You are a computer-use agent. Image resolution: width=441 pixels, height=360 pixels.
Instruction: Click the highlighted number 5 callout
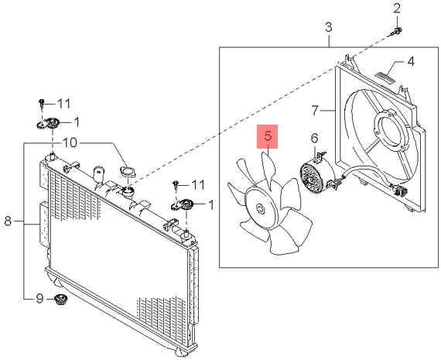268,136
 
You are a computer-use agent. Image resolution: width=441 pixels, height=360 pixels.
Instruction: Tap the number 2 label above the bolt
397,9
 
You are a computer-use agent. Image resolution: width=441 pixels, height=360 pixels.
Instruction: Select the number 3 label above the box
329,27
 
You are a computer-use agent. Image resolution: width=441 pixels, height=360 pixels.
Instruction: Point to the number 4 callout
411,61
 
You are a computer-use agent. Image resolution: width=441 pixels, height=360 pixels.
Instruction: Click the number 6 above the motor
314,138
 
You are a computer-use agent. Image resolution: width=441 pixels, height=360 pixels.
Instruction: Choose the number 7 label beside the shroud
315,110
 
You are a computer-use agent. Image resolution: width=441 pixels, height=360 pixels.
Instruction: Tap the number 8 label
8,221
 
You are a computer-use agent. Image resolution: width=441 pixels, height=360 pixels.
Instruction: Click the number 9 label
39,298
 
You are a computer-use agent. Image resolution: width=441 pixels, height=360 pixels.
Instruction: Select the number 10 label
70,142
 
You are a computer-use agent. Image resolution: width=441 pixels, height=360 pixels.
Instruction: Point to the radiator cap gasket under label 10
128,171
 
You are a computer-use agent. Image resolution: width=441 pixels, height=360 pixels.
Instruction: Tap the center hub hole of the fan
260,209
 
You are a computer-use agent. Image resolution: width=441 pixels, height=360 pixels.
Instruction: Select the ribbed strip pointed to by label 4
385,77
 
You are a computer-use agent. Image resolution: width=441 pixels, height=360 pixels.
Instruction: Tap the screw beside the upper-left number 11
42,104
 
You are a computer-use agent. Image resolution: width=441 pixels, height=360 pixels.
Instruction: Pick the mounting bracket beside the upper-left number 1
48,123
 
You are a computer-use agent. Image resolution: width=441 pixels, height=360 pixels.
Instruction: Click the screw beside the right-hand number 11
176,185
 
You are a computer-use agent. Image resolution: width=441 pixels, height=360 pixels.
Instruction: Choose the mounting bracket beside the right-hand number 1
181,204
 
